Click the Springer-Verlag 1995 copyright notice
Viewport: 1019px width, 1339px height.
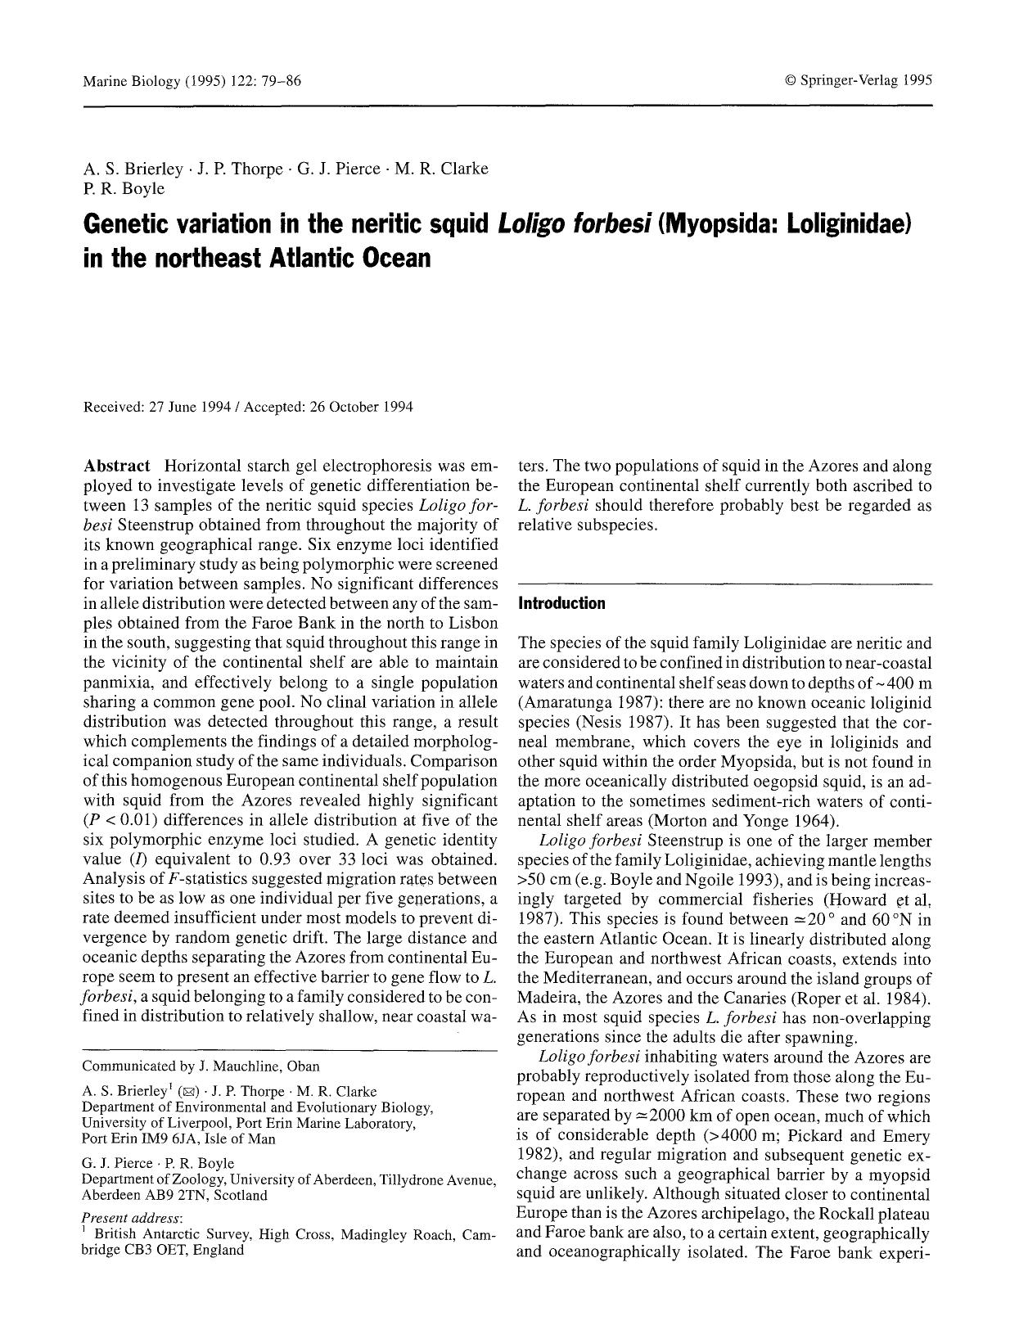(x=859, y=81)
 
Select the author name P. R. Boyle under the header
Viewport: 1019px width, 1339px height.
(x=124, y=188)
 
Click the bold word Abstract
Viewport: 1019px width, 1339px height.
(x=116, y=467)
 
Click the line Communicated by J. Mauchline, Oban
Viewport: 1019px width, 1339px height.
(x=201, y=1066)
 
